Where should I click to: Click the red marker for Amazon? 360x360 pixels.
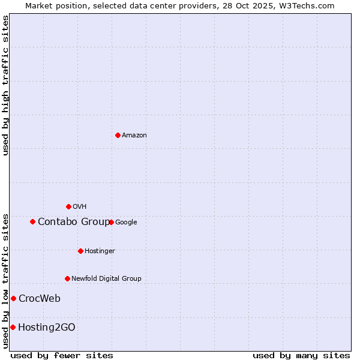pos(118,135)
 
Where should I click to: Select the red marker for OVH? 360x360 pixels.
pos(68,206)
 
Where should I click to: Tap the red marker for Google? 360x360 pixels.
pos(112,222)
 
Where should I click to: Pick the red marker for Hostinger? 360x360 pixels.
pos(80,251)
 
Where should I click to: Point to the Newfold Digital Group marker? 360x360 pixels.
pos(67,278)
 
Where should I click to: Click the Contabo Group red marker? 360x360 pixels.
pos(32,221)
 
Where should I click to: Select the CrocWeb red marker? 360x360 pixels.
pos(13,298)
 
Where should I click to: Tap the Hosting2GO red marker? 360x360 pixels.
pos(13,327)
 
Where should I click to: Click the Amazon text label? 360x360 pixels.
pos(134,136)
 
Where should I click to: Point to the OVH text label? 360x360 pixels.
pos(80,207)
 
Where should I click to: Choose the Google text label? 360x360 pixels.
pos(126,223)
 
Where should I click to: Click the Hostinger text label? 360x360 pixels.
pos(100,251)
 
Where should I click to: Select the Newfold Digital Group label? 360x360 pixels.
pos(106,279)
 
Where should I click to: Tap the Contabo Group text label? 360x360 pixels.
pos(74,222)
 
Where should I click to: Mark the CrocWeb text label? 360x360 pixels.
pos(40,299)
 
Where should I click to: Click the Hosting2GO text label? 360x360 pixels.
pos(47,328)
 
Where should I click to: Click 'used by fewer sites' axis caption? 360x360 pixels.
pos(62,356)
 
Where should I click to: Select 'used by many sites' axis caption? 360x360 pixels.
pos(301,356)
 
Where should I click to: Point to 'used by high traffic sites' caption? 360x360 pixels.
pos(5,85)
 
